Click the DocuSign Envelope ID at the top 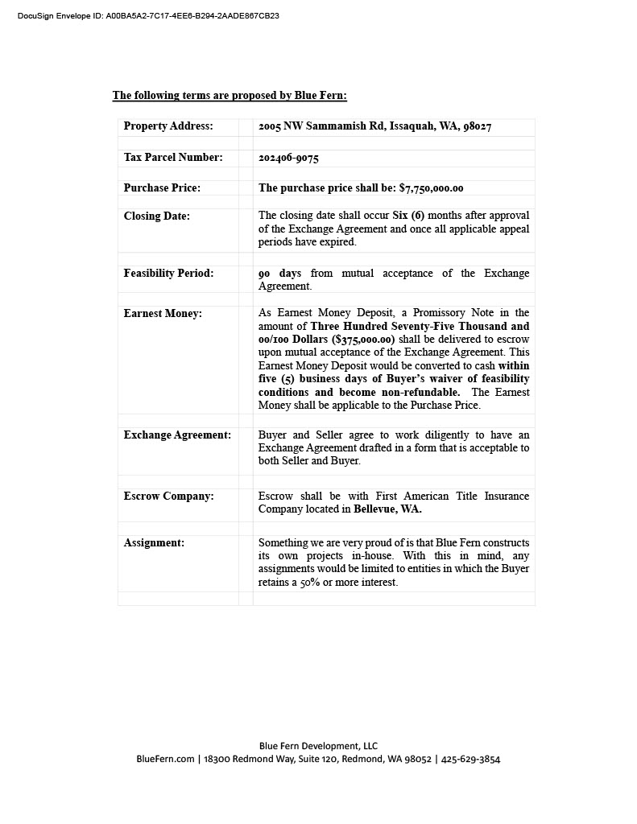[148, 15]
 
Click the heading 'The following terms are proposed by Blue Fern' [230, 96]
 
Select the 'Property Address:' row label [168, 126]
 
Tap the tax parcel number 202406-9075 [288, 158]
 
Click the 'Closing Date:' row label [157, 216]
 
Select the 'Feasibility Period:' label [168, 274]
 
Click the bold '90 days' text [279, 274]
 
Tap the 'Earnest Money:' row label [163, 314]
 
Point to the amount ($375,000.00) [363, 340]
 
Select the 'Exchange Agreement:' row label [177, 435]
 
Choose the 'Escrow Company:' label [168, 496]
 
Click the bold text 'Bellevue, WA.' [387, 509]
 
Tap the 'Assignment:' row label [154, 543]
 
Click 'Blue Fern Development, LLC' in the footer [318, 746]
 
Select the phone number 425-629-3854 [471, 759]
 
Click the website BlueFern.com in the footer [165, 759]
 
